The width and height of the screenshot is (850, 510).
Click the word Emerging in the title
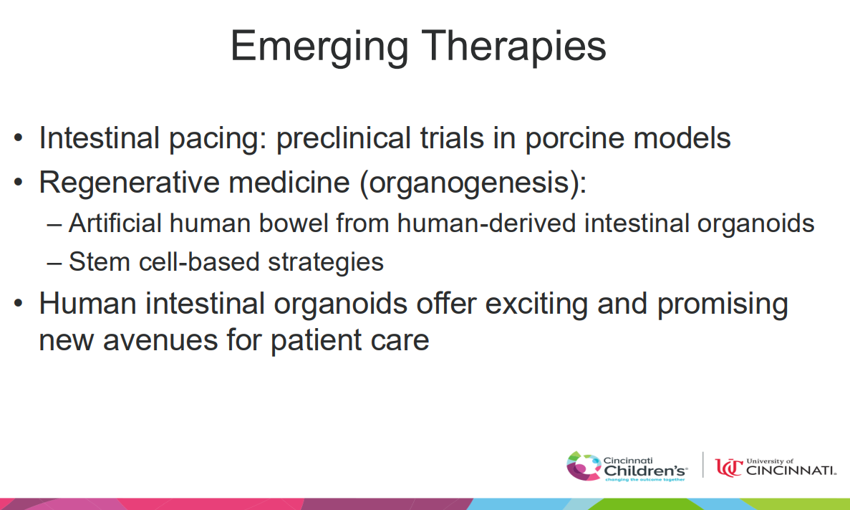pos(319,48)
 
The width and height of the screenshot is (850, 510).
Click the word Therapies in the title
pos(513,48)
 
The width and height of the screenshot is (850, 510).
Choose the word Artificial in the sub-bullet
pos(115,223)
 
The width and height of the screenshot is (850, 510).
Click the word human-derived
pos(486,223)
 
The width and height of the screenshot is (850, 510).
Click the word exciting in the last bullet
pos(536,304)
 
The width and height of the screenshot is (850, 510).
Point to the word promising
pos(723,304)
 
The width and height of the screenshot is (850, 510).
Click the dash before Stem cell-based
pos(54,263)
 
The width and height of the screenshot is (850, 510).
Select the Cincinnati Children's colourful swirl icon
pos(584,466)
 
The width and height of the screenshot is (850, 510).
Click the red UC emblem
pos(728,467)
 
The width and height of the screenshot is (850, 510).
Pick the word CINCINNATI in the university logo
pos(791,471)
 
